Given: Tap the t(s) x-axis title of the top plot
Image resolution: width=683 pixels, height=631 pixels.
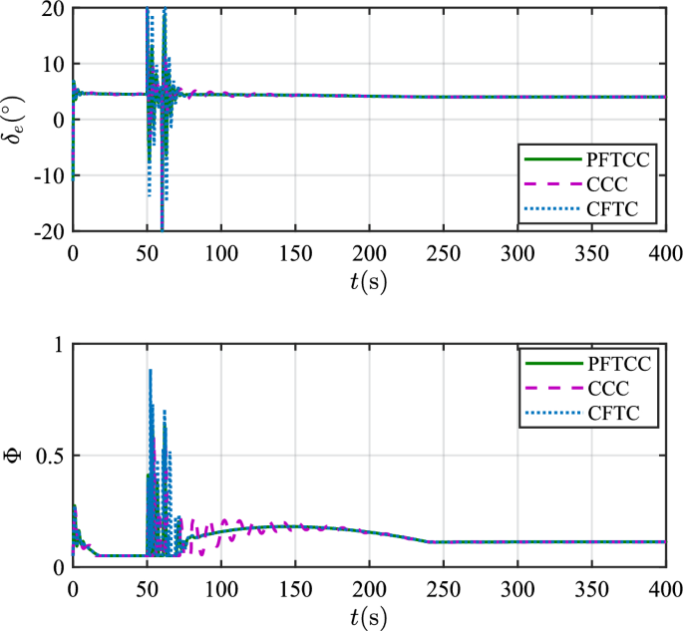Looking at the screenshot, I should pos(369,280).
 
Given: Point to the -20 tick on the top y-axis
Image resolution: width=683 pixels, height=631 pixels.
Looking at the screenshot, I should pos(47,231).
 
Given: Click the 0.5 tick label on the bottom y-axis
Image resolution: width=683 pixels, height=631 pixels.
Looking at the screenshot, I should pos(49,457).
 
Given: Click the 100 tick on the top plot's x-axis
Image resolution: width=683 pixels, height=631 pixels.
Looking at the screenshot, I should pos(220,250).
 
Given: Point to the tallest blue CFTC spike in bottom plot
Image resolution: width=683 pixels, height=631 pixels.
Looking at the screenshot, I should pos(151,370).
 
